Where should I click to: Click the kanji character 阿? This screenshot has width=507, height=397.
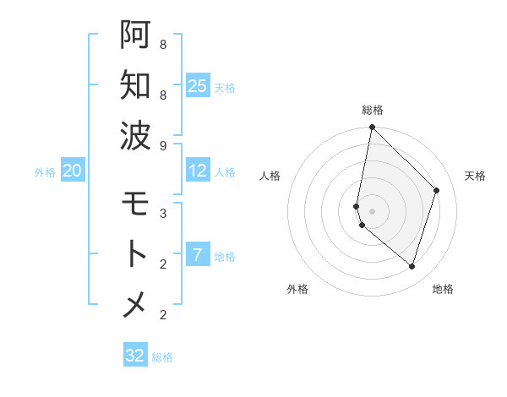135,35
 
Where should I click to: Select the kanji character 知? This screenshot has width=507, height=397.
135,84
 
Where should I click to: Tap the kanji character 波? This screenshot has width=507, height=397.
135,134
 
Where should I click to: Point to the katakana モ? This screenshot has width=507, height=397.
135,204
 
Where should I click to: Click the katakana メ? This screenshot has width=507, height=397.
135,304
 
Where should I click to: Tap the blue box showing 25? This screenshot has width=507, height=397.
198,85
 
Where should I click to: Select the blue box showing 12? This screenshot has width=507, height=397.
198,171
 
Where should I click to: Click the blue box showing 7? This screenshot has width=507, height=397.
198,255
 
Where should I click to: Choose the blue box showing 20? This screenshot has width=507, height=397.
72,171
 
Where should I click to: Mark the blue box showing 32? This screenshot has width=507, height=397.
135,356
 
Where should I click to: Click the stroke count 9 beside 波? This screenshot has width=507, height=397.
163,145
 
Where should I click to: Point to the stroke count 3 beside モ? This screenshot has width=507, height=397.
163,213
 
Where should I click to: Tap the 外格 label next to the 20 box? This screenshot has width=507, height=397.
45,171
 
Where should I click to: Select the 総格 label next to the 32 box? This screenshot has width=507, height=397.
162,356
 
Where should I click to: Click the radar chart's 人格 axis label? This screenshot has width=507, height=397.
270,176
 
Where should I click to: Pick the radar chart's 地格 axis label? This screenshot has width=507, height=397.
443,289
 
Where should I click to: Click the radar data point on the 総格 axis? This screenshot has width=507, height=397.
372,128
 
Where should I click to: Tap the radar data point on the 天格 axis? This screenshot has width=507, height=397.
437,190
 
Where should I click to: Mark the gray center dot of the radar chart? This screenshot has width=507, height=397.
372,211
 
